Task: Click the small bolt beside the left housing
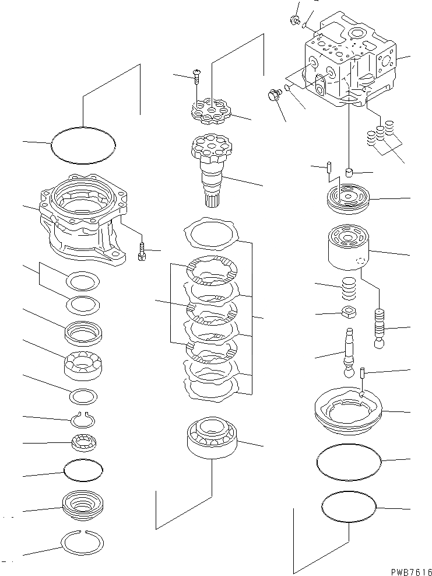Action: [142, 253]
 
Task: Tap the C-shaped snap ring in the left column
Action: [83, 419]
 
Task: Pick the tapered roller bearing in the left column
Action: [83, 366]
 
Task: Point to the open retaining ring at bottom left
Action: [83, 543]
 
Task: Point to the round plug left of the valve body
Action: [273, 95]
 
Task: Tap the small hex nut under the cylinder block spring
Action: [348, 312]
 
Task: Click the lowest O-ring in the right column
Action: [349, 506]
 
